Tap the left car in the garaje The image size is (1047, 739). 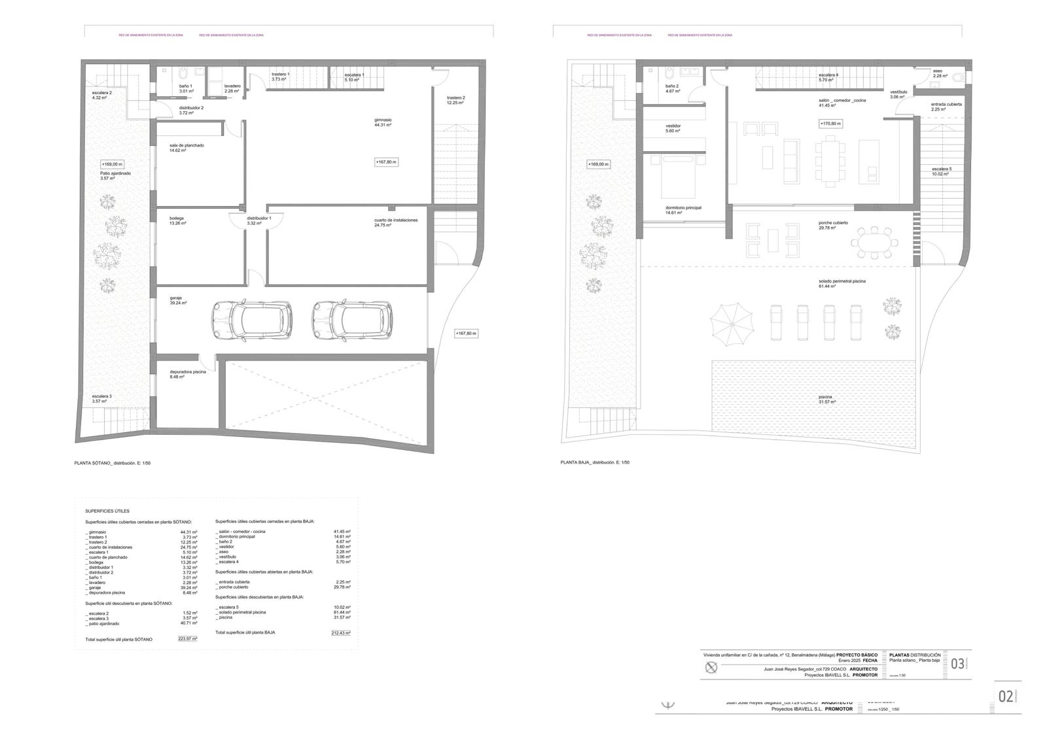coord(251,321)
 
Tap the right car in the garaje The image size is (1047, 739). coord(352,321)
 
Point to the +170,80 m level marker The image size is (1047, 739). coord(830,123)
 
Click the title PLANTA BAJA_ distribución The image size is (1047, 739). coord(595,462)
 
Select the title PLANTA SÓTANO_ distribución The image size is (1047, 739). coord(113,463)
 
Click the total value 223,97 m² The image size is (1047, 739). coord(187,639)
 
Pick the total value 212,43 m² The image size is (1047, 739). coord(340,632)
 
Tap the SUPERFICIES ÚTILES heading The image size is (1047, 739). coord(107,511)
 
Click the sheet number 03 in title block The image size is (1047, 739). coord(957,664)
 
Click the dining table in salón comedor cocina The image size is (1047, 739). coord(830,161)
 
